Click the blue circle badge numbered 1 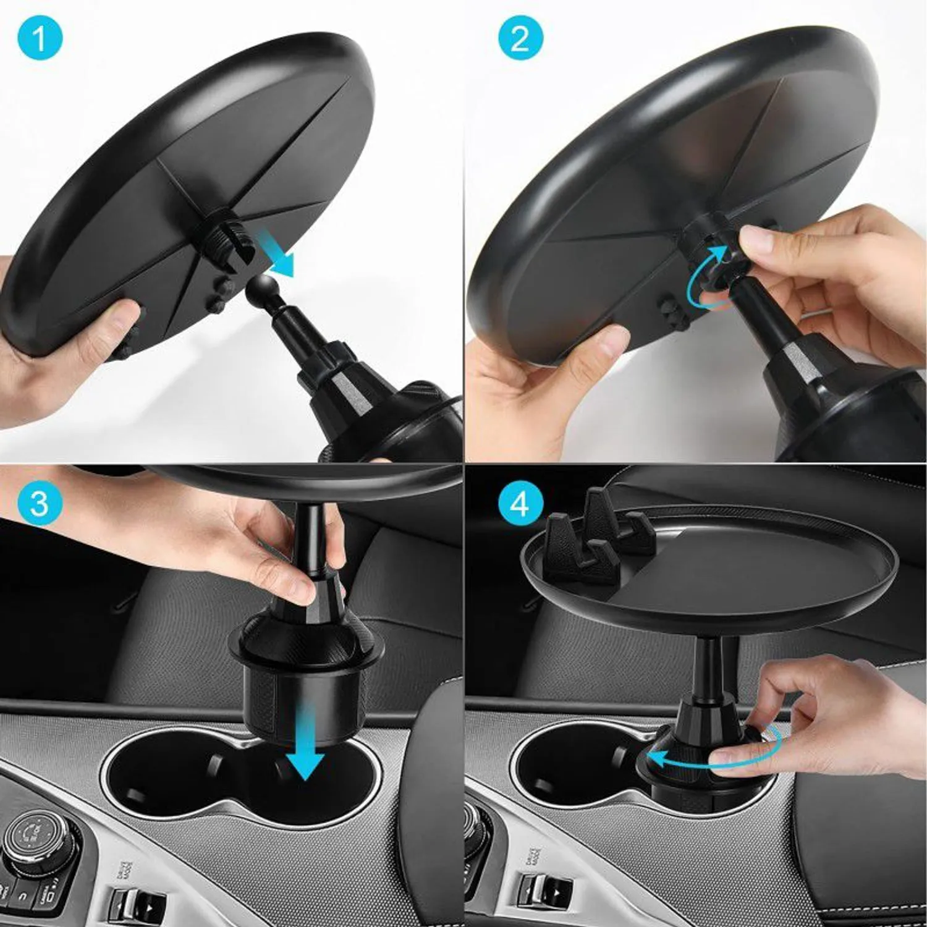click(x=40, y=38)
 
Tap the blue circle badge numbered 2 click(x=520, y=38)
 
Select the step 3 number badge click(x=40, y=503)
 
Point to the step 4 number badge click(x=520, y=503)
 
